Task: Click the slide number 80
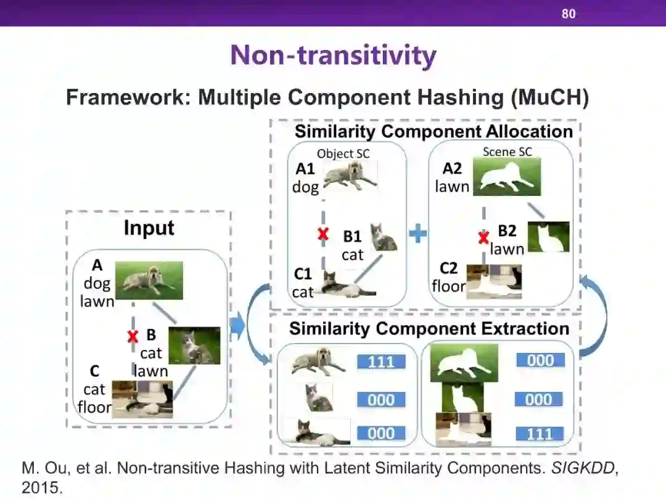pyautogui.click(x=568, y=13)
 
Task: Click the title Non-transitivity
pyautogui.click(x=333, y=55)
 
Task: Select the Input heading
pyautogui.click(x=149, y=228)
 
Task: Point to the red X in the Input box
pyautogui.click(x=132, y=336)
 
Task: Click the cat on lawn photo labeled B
pyautogui.click(x=194, y=346)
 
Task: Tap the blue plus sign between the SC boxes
pyautogui.click(x=418, y=234)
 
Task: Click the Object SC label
pyautogui.click(x=343, y=153)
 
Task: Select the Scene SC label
pyautogui.click(x=508, y=152)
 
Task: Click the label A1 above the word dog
pyautogui.click(x=305, y=169)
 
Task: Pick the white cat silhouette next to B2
pyautogui.click(x=548, y=237)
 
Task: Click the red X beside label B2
pyautogui.click(x=484, y=237)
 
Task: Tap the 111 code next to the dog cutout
pyautogui.click(x=381, y=362)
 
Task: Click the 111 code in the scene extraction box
pyautogui.click(x=540, y=434)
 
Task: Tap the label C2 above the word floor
pyautogui.click(x=448, y=269)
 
